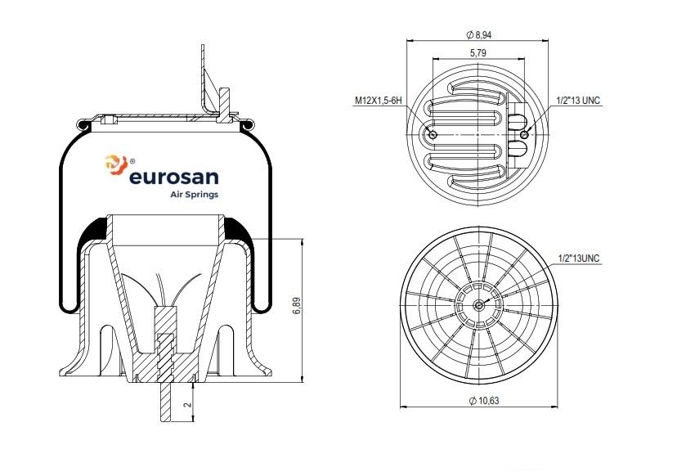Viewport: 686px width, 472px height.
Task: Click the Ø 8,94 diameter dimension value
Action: point(478,35)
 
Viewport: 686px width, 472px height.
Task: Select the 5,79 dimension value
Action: point(478,52)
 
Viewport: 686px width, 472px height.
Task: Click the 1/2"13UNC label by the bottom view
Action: point(578,258)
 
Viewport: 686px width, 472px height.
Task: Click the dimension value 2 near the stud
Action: point(187,404)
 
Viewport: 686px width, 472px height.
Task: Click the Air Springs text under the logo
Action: point(192,195)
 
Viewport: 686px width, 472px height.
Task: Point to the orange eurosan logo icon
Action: point(113,165)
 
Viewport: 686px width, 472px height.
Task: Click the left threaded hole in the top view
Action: point(433,135)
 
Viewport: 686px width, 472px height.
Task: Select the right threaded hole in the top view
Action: point(523,134)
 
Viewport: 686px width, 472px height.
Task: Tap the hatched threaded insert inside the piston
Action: point(165,352)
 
